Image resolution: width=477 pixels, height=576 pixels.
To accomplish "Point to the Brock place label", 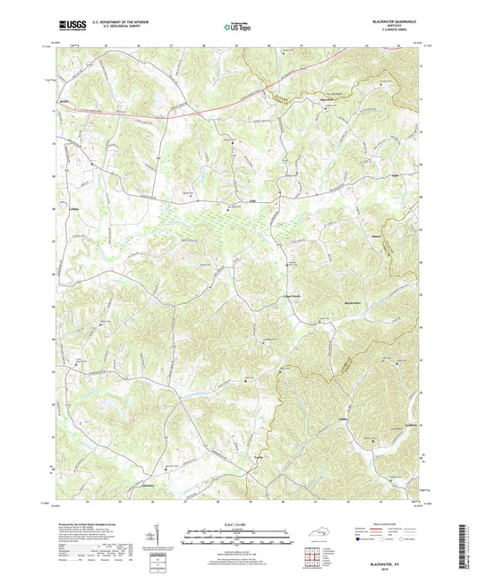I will click(64, 102).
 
